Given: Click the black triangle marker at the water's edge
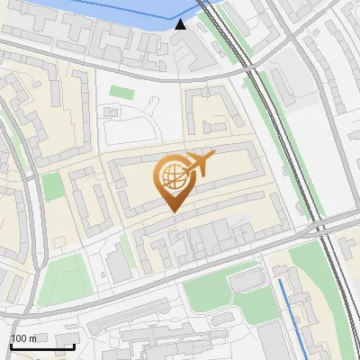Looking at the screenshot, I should [x=181, y=24].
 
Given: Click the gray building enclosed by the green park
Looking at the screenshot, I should [x=244, y=281].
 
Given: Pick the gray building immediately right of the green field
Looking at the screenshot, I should [x=117, y=266].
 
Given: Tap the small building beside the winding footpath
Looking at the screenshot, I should [x=112, y=112].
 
